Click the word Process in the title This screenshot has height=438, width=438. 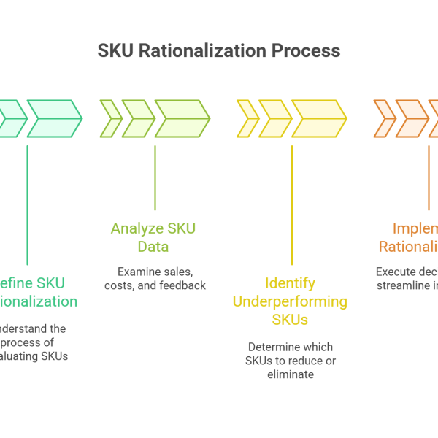point(307,51)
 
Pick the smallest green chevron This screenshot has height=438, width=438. point(112,118)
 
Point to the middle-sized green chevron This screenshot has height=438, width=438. point(138,118)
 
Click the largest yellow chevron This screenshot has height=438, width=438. point(318,118)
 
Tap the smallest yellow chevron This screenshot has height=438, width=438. point(248,118)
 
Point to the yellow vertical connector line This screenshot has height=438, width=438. point(291,204)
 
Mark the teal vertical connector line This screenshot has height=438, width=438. point(27,204)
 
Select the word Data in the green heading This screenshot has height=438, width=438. point(153,247)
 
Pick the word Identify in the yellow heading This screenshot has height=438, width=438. point(290,283)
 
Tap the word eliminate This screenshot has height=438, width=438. point(290,374)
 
